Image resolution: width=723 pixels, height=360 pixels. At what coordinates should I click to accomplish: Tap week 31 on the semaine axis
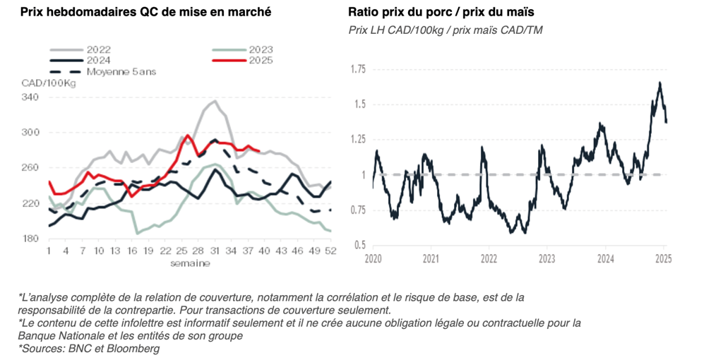tap(215, 251)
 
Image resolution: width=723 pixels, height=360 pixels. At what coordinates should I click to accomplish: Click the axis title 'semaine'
tap(189, 263)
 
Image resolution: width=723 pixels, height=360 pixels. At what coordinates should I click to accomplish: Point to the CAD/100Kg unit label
tap(48, 83)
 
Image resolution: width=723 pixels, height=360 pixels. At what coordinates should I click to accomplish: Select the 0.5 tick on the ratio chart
tap(360, 245)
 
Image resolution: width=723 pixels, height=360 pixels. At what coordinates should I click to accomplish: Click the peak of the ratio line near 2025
tap(659, 83)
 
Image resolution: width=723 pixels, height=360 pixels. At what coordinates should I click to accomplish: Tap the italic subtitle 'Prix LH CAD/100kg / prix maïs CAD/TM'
tap(446, 30)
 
